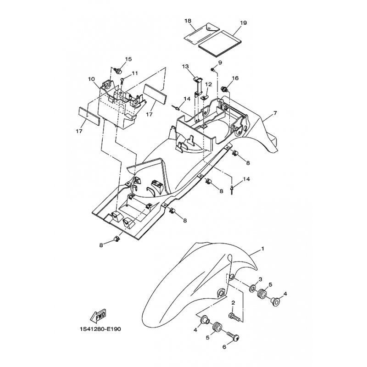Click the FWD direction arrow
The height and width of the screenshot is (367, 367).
(98, 316)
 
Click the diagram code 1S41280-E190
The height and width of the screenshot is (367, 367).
(100, 329)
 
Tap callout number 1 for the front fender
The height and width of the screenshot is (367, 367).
(262, 249)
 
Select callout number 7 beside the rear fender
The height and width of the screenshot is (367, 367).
(275, 113)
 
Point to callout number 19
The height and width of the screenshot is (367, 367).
(243, 22)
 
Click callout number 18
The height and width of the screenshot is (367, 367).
(188, 21)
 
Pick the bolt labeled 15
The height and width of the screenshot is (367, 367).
(118, 70)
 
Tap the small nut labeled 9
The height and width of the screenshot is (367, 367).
(213, 70)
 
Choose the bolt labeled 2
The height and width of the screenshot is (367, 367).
(234, 317)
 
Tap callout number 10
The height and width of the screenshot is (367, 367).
(91, 79)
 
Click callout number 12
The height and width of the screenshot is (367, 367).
(209, 84)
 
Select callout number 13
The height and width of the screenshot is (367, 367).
(185, 67)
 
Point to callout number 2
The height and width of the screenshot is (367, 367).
(233, 303)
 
